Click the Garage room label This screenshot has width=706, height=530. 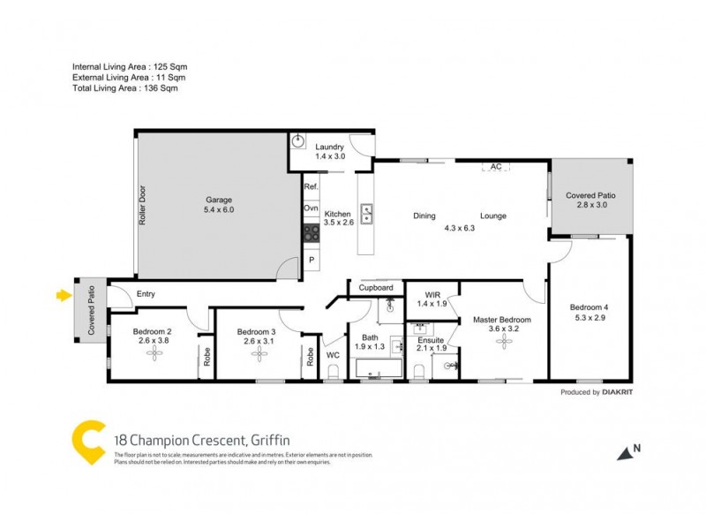pyautogui.click(x=218, y=200)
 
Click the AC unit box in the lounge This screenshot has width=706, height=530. pyautogui.click(x=496, y=166)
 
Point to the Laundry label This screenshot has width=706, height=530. pyautogui.click(x=329, y=148)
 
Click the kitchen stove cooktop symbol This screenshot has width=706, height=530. pyautogui.click(x=311, y=233)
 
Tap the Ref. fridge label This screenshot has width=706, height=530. pyautogui.click(x=311, y=187)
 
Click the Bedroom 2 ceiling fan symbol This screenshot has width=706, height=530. pyautogui.click(x=156, y=353)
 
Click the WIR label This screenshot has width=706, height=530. pyautogui.click(x=432, y=295)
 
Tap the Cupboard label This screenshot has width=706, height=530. pyautogui.click(x=375, y=288)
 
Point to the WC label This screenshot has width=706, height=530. pyautogui.click(x=333, y=355)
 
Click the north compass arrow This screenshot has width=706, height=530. pyautogui.click(x=627, y=452)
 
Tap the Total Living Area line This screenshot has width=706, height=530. pyautogui.click(x=129, y=88)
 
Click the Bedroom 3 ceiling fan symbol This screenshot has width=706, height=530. pyautogui.click(x=259, y=353)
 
